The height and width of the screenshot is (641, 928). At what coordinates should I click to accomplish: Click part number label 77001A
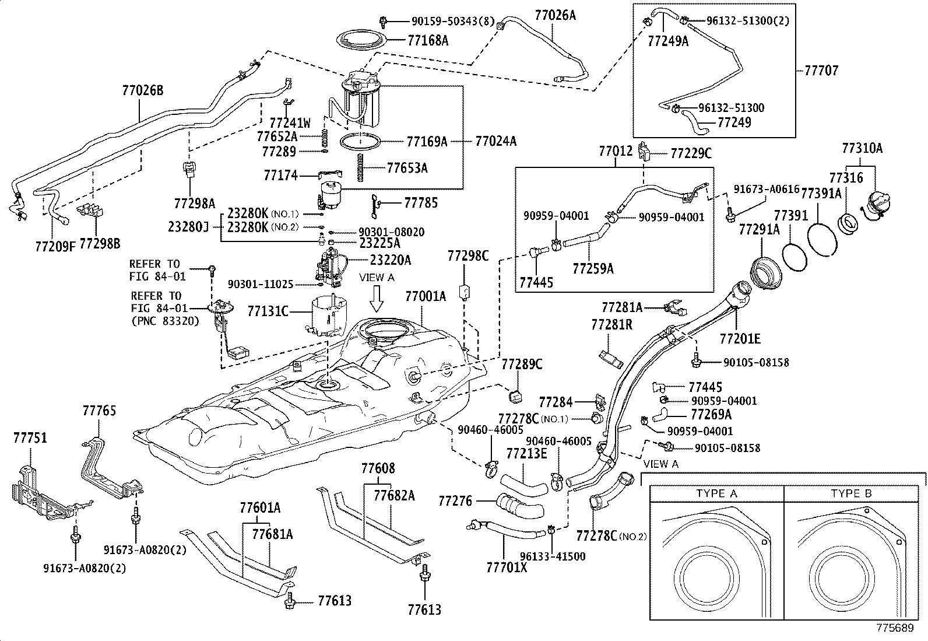pos(426,296)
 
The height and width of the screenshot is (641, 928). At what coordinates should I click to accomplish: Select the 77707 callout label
pos(821,71)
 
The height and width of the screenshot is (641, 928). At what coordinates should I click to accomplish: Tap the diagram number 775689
pos(895,628)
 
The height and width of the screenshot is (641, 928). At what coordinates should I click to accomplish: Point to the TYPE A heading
pos(716,493)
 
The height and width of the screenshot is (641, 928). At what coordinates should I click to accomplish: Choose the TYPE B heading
pos(851,493)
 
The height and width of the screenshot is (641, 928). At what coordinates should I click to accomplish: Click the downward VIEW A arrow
pos(377,299)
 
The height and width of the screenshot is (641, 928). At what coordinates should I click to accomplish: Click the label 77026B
pos(143,90)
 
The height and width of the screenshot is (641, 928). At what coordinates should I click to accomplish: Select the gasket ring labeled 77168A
pos(362,41)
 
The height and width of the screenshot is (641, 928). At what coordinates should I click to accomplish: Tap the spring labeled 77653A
pos(360,167)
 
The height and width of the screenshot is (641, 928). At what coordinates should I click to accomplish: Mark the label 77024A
pos(495,141)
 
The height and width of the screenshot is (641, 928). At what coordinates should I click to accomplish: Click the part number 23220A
pos(390,260)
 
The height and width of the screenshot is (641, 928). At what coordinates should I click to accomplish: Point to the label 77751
pos(30,438)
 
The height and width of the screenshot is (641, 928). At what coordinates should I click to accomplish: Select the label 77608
pos(378,468)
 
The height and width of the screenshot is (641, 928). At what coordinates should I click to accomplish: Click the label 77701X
pos(507,567)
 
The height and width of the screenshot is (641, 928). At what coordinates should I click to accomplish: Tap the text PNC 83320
pos(165,321)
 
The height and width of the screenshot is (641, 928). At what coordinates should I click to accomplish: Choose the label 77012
pos(616,151)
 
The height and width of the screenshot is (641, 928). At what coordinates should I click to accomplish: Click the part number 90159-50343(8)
pos(453,21)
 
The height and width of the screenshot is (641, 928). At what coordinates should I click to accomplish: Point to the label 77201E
pos(740,339)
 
